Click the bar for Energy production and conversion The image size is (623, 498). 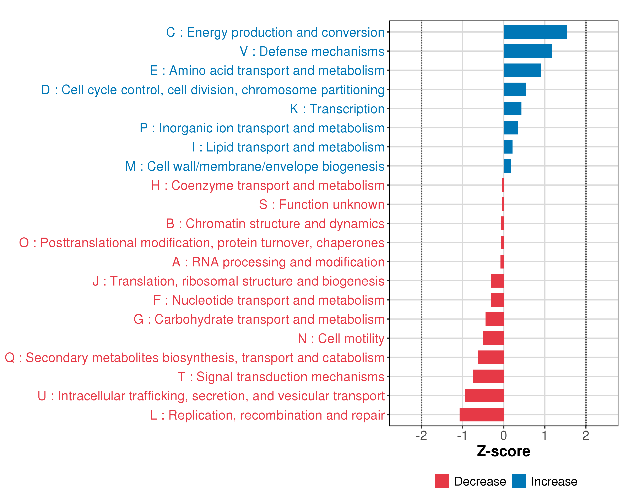[535, 32]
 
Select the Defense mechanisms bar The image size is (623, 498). [528, 51]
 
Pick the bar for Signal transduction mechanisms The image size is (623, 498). [488, 376]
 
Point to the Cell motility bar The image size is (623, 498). [493, 338]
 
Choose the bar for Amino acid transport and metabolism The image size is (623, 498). [522, 70]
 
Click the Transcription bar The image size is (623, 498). [512, 109]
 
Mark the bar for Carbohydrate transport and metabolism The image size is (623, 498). [494, 319]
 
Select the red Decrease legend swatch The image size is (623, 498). [441, 481]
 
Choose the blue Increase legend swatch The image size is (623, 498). [518, 481]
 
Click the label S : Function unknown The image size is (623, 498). [322, 204]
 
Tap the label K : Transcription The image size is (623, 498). [337, 109]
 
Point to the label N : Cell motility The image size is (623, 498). [341, 338]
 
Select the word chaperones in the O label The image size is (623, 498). [350, 243]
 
